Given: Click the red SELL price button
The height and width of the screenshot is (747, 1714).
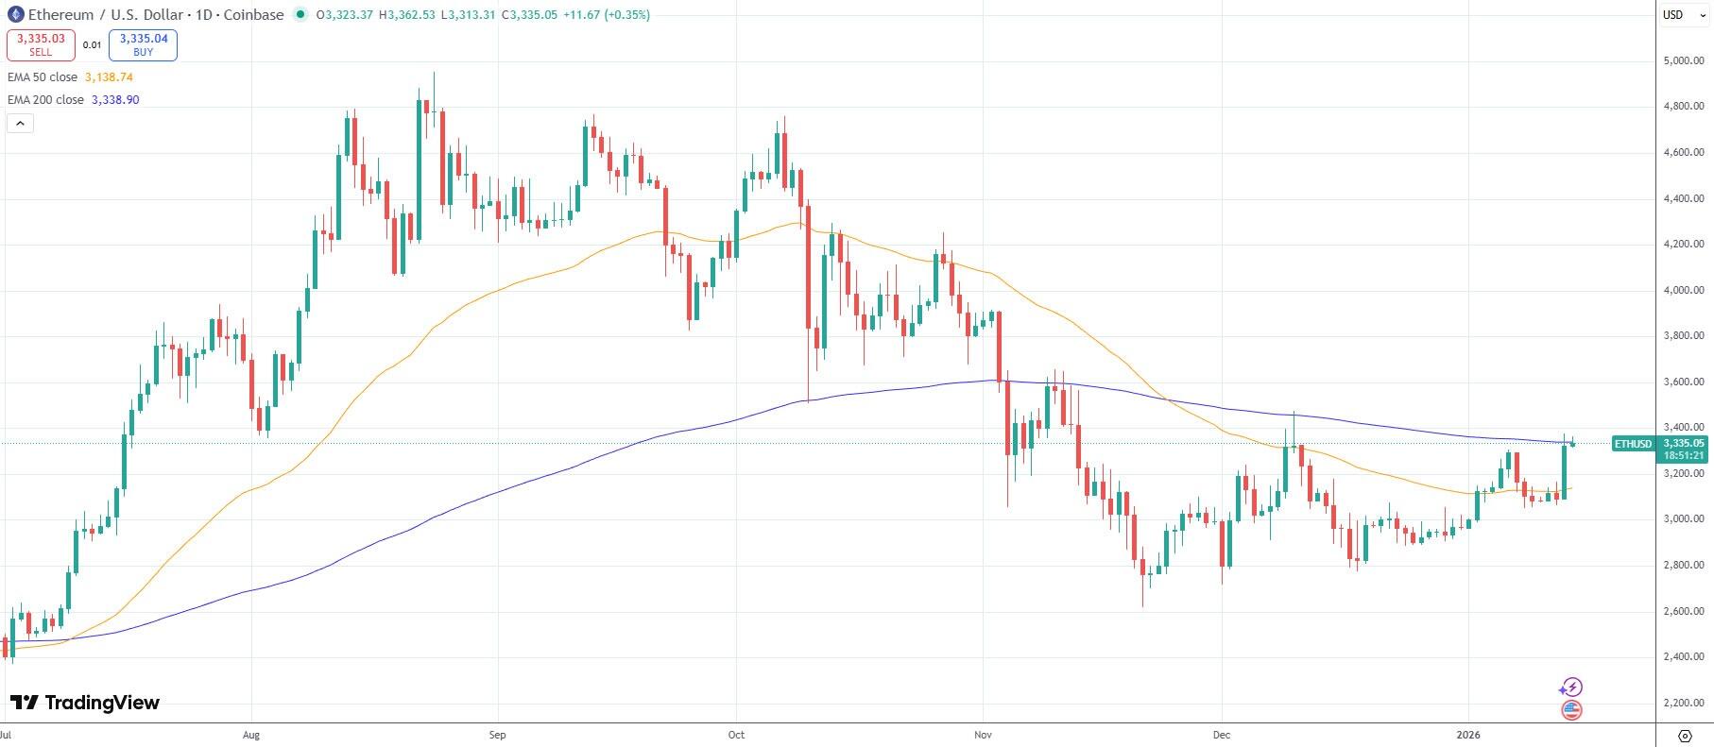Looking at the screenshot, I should point(41,44).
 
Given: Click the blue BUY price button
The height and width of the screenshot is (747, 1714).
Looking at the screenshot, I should point(143,44).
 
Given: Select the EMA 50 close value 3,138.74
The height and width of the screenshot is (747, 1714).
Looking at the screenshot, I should point(109,77).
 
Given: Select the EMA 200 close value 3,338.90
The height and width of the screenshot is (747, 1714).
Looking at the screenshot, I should point(115,99).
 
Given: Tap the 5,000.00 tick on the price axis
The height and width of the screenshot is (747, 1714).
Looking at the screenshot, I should point(1683,60).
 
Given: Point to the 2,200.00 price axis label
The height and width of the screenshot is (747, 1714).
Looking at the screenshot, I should point(1683,703).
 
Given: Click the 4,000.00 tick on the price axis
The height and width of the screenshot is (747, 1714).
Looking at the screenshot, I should point(1683,290).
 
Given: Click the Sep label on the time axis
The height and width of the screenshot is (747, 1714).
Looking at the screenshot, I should point(498,734).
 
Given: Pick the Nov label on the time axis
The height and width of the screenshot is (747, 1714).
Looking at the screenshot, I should point(983,734).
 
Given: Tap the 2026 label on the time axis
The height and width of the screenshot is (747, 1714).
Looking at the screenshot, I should point(1468,734).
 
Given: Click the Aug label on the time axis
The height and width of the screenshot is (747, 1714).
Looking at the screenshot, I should point(250,734).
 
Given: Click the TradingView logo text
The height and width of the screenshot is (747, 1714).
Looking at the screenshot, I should point(85,703).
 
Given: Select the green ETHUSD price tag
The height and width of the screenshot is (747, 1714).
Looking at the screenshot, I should point(1633,443).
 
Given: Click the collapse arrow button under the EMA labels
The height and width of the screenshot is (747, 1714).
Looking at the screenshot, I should point(20,123).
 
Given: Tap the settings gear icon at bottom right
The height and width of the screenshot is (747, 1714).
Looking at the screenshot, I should point(1685,735).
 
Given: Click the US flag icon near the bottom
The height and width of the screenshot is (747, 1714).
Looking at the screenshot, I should point(1571,710).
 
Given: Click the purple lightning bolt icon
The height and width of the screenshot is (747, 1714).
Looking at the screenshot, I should point(1571,687).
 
